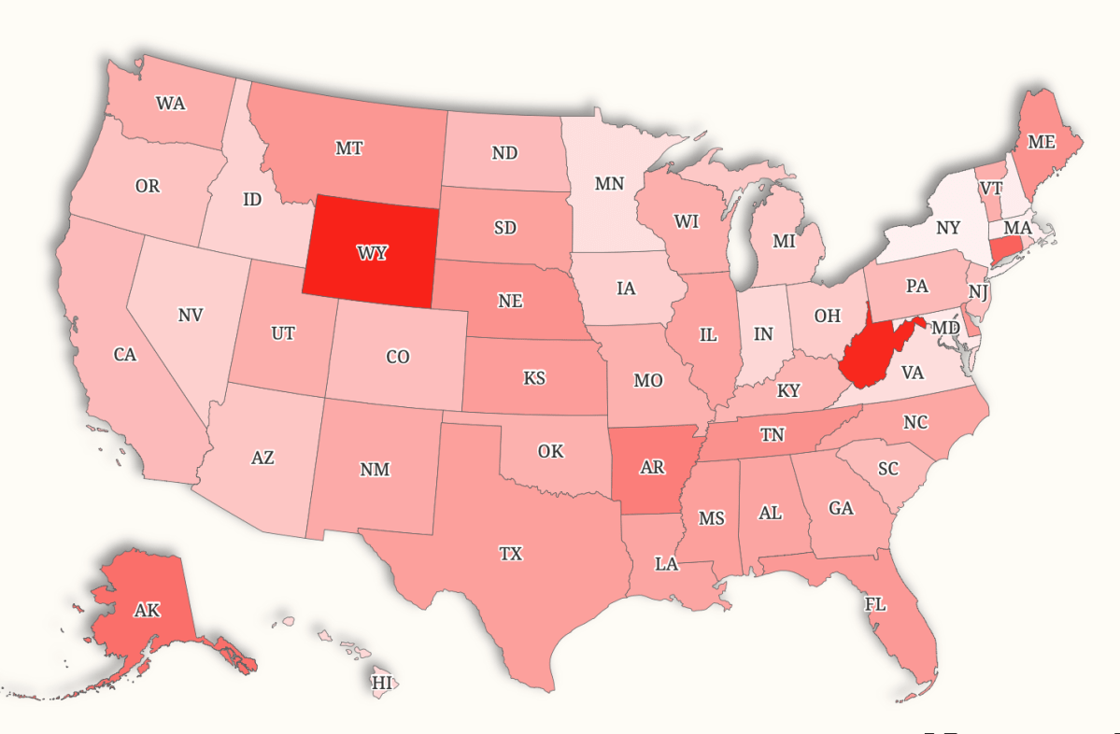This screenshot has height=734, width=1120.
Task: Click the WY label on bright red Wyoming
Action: click(x=372, y=253)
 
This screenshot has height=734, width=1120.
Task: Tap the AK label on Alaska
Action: click(x=147, y=611)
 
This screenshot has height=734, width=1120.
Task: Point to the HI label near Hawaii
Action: click(x=382, y=683)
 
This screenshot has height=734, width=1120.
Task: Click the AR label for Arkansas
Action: click(x=653, y=467)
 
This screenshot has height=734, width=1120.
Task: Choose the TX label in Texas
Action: click(x=510, y=554)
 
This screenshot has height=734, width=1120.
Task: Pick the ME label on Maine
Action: click(x=1041, y=142)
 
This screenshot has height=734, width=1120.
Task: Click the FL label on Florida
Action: click(x=874, y=604)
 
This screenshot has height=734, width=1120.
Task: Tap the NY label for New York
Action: click(x=947, y=228)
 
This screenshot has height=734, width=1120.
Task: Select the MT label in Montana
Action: click(x=348, y=148)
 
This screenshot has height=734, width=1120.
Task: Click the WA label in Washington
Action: click(x=170, y=103)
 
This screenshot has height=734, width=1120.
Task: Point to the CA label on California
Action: click(x=125, y=355)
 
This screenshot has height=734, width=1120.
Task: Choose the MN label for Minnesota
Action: click(x=609, y=183)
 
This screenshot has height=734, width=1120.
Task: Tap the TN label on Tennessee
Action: click(x=772, y=434)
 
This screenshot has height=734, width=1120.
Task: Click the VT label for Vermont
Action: click(x=991, y=188)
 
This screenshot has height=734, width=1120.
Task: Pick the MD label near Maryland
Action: click(x=945, y=329)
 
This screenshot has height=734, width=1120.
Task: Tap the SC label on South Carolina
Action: click(x=887, y=467)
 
